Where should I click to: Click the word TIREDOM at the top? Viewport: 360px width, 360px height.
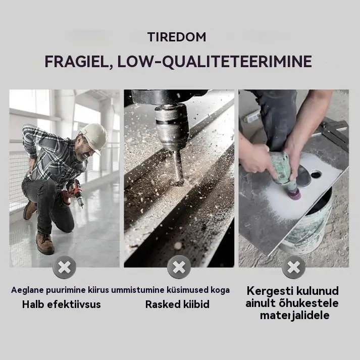[177, 37]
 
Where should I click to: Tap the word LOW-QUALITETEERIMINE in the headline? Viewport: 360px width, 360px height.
[215, 61]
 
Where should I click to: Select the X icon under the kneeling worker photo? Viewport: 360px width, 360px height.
[64, 267]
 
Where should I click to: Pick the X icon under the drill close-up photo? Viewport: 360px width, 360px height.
[179, 267]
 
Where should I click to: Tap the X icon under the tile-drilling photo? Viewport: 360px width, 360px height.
[294, 267]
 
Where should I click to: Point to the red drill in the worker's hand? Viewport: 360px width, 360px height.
[73, 194]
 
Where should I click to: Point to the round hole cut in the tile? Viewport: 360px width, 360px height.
[316, 174]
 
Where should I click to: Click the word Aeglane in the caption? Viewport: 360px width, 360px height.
[27, 290]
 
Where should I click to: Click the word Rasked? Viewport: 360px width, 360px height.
[160, 304]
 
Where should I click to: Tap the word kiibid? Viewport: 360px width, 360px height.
[193, 304]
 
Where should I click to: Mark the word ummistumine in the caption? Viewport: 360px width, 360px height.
[138, 290]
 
